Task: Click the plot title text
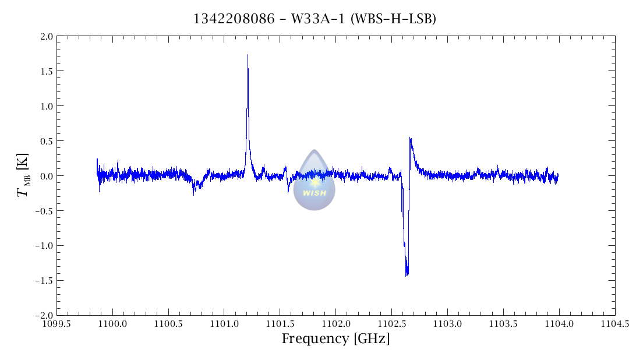click(314, 19)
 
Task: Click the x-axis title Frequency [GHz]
click(335, 338)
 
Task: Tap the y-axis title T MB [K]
click(23, 175)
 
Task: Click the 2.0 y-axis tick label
click(46, 36)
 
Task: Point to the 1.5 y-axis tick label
click(46, 71)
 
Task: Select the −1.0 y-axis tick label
click(44, 245)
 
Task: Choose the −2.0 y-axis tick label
click(44, 315)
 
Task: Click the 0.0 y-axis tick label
click(46, 176)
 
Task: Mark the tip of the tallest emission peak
click(248, 55)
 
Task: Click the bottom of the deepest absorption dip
click(407, 275)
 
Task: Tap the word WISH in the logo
click(314, 193)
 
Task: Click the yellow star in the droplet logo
click(315, 182)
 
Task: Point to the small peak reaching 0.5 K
click(410, 139)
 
